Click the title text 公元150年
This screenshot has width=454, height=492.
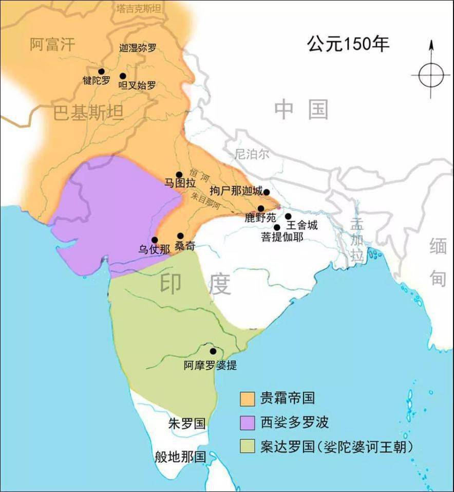pos(348,44)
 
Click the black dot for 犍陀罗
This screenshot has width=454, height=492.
pos(101,71)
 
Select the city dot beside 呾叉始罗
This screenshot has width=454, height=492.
pos(123,76)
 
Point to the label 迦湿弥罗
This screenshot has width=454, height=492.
pos(137,48)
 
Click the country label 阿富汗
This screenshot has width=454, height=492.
pos(52,44)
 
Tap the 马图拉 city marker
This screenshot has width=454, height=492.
pos(179,175)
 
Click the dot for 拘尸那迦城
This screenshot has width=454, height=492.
pos(266,192)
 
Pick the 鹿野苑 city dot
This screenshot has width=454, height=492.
pos(261,208)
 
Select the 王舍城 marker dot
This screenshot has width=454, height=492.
pos(288,216)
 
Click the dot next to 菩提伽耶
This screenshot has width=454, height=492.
pos(277,227)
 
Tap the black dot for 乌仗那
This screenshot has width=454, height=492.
pos(155,240)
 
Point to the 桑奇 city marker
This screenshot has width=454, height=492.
pos(180,235)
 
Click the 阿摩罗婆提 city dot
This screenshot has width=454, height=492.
pos(213,351)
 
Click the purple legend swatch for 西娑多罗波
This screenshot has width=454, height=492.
pos(248,422)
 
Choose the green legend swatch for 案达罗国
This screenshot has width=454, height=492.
pos(248,446)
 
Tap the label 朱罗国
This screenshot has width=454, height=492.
pos(187,423)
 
